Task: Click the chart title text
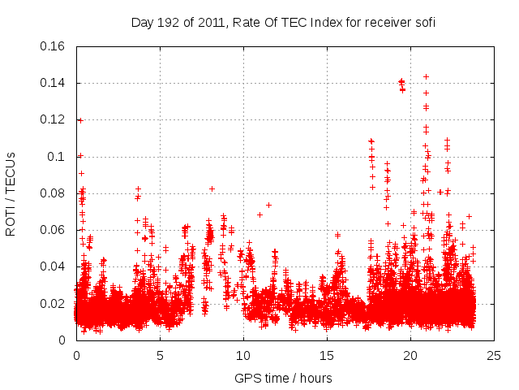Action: pos(283,23)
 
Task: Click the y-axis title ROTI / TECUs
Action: pos(11,193)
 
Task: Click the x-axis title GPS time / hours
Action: pos(283,378)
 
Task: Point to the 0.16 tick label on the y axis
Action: pos(54,46)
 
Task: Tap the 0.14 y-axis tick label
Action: pos(54,83)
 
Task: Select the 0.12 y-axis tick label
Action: pos(54,119)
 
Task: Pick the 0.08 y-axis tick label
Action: pos(54,193)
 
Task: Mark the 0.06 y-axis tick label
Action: pos(54,230)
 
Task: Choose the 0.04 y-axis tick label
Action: pos(54,266)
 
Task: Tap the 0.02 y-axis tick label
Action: pos(54,304)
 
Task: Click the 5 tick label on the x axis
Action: pos(160,355)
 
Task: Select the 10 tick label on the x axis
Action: pos(243,355)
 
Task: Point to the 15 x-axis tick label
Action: pos(327,355)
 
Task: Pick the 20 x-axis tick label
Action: pos(410,355)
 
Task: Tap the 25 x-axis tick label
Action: pos(494,355)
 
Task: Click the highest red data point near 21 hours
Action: pos(426,76)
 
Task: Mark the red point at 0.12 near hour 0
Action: pos(79,120)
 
